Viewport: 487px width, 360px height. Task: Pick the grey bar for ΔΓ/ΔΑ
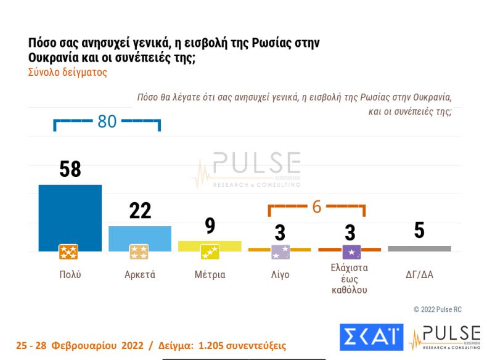pyautogui.click(x=419, y=248)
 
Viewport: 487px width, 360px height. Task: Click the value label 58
pyautogui.click(x=70, y=169)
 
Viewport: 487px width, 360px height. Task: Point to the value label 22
pyautogui.click(x=140, y=211)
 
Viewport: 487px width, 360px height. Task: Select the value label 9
pyautogui.click(x=210, y=226)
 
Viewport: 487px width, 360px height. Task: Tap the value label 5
pyautogui.click(x=419, y=231)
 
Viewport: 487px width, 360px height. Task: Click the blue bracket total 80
pyautogui.click(x=107, y=122)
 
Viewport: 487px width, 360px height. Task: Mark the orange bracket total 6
pyautogui.click(x=317, y=207)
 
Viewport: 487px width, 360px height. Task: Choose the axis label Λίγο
pyautogui.click(x=280, y=275)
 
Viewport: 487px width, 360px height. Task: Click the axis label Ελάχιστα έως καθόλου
pyautogui.click(x=350, y=280)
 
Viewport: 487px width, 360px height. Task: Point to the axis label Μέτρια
pyautogui.click(x=210, y=275)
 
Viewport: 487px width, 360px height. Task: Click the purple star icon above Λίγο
pyautogui.click(x=280, y=252)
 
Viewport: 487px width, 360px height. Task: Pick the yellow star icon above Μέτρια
pyautogui.click(x=210, y=252)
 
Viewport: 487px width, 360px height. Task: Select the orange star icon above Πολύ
pyautogui.click(x=68, y=252)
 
